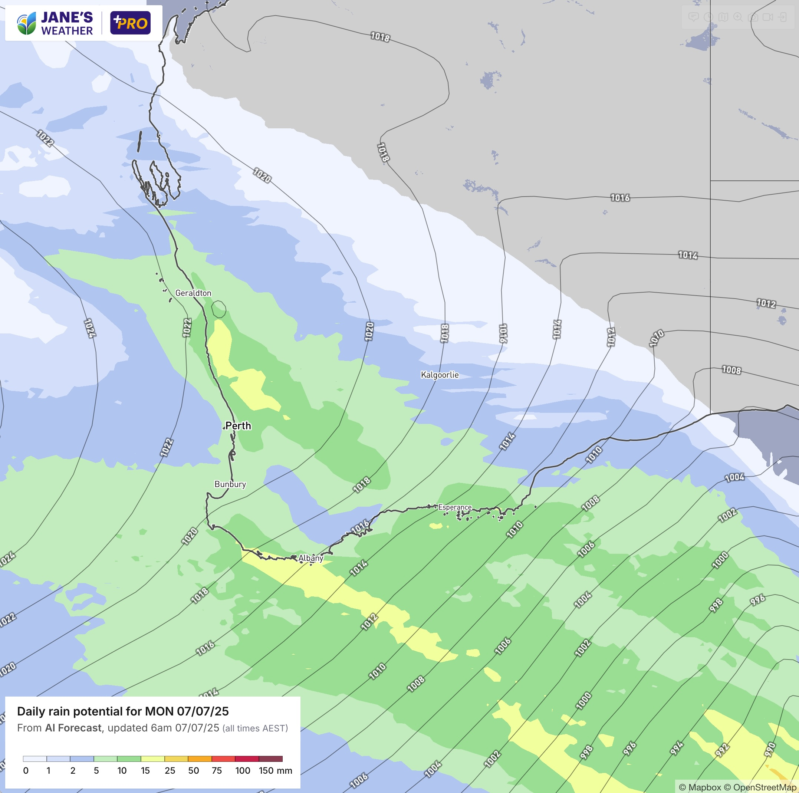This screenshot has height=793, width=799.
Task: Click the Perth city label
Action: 238,425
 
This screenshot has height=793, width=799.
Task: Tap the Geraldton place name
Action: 193,293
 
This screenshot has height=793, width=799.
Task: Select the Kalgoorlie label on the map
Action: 440,375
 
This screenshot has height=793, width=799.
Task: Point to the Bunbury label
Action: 230,484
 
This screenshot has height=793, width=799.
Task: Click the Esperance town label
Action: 454,507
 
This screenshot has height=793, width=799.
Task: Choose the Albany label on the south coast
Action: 310,558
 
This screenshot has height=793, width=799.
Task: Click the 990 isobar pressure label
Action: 770,749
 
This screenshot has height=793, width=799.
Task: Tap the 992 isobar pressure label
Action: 722,750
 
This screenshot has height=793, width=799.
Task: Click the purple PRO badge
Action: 130,23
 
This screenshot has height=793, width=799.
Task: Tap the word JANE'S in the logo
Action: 67,17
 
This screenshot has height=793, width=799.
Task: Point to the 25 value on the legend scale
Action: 170,770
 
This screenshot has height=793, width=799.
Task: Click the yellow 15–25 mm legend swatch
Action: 152,759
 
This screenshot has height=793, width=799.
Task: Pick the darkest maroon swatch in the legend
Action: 270,759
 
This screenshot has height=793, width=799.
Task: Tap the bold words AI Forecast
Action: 73,728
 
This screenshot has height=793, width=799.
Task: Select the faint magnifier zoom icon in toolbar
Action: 738,17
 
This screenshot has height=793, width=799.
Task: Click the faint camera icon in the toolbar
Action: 753,17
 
